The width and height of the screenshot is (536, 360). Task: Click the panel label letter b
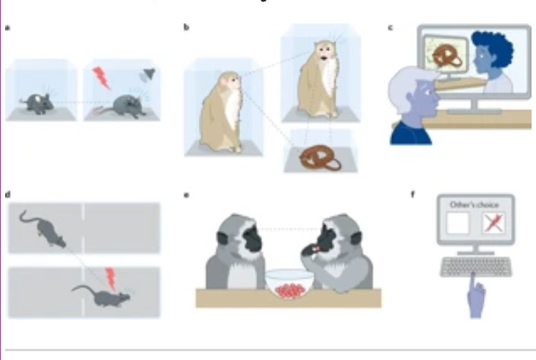(x=186, y=28)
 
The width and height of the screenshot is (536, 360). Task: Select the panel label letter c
(x=390, y=28)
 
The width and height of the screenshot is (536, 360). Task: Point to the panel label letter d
(x=8, y=195)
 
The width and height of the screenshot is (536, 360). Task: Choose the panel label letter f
(x=414, y=195)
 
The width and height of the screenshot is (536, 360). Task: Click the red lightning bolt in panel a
(x=101, y=76)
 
